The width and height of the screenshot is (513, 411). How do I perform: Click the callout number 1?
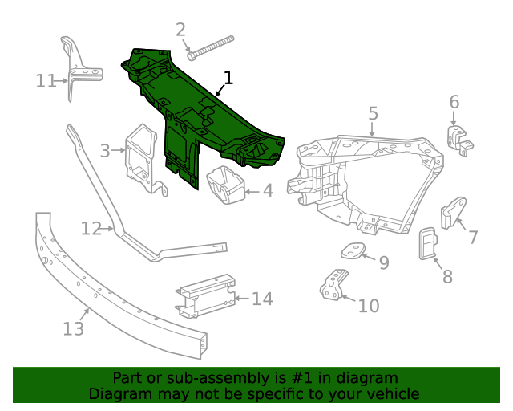pos(228,78)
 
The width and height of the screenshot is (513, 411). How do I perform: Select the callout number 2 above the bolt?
pos(180,30)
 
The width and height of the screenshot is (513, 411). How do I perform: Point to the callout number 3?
pos(105,150)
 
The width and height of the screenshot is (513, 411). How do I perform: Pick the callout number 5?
pos(373,112)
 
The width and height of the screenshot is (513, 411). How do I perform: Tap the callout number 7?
pos(473,237)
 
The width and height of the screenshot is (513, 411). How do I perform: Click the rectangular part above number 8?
pos(426,244)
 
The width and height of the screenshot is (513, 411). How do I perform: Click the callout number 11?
pos(45,80)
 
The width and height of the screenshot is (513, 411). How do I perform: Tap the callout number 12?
pos(91,230)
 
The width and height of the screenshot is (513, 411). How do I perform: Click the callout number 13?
pos(72,329)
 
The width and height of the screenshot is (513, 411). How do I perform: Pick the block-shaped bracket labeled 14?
pos(207,297)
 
